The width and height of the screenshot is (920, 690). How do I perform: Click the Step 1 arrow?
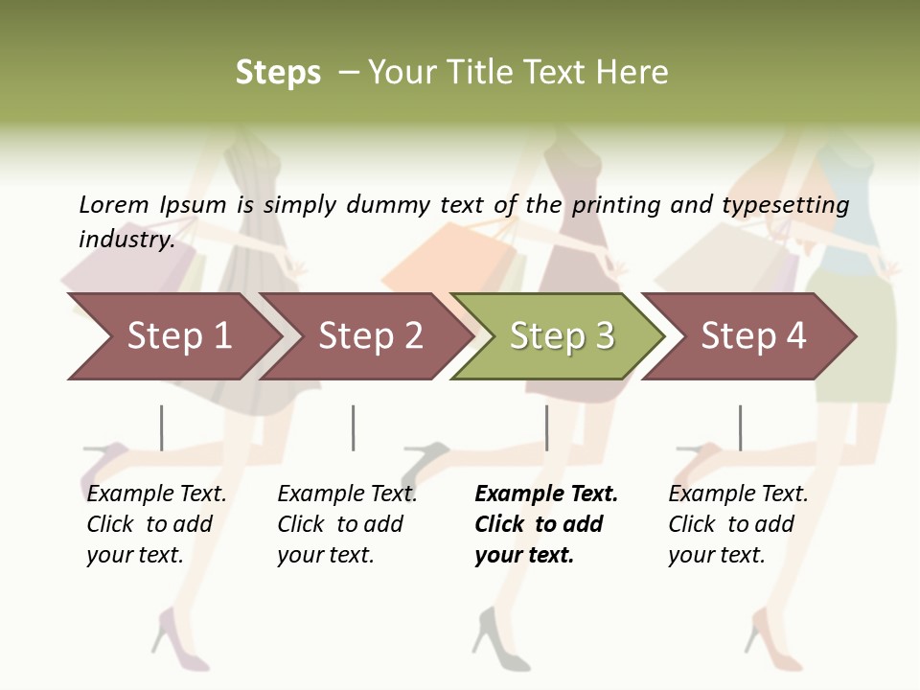pos(178,335)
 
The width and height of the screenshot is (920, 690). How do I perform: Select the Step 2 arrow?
pos(370,335)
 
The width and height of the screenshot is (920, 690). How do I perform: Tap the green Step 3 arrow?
pos(562,335)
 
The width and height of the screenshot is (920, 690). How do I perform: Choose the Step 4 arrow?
pos(753,335)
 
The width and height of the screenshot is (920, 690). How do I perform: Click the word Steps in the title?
pos(278,73)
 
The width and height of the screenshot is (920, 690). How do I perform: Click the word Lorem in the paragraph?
pos(113,204)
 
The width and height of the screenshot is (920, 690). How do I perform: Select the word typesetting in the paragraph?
pos(785,204)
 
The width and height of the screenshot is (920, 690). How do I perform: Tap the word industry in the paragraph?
pos(126,239)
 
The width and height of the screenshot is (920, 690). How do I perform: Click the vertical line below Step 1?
pos(162,427)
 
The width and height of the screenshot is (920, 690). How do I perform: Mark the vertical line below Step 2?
pos(354,427)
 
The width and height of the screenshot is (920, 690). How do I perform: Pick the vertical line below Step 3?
pos(546,427)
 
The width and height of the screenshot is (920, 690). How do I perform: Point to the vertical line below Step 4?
pos(740,427)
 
